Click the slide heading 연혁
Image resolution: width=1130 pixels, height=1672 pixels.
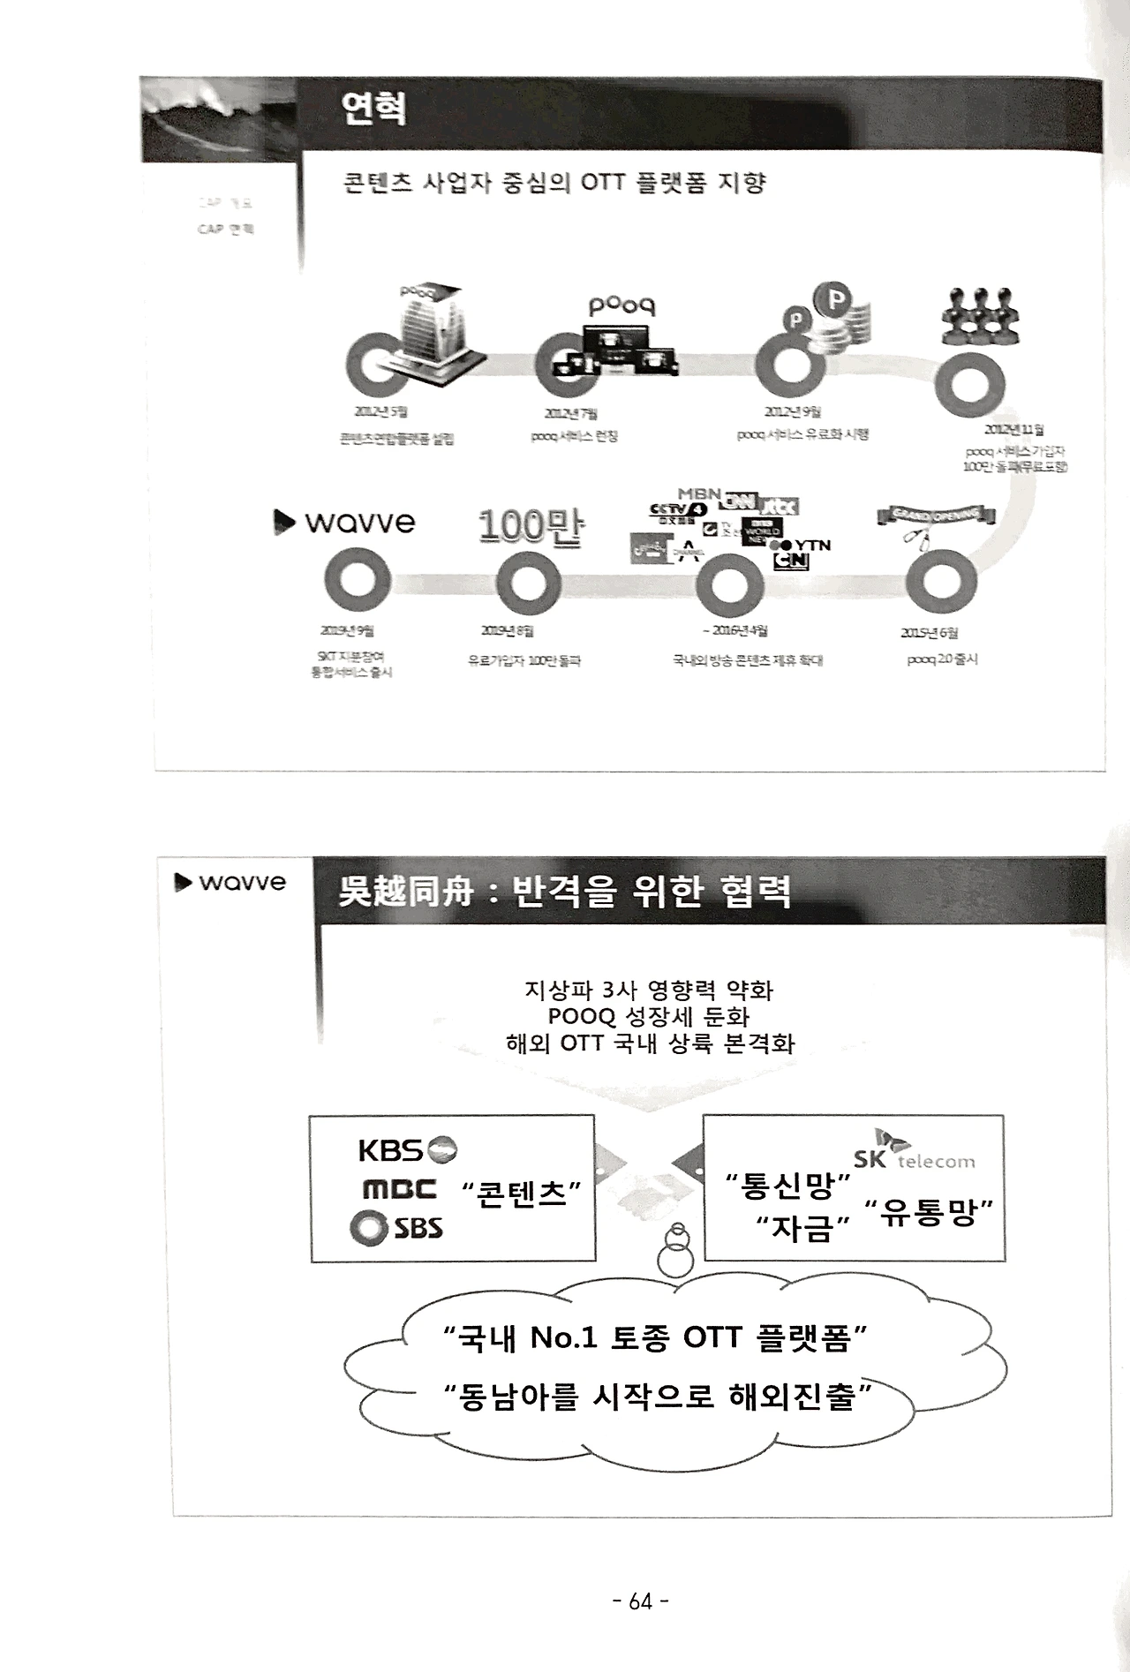[x=373, y=109]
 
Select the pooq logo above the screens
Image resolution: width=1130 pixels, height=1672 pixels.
[x=621, y=306]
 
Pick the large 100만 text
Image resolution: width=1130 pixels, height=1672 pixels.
[x=530, y=526]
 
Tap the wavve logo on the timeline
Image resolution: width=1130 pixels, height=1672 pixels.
[x=345, y=522]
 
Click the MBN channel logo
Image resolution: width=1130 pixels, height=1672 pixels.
[x=699, y=493]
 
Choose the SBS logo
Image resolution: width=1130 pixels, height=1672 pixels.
[x=396, y=1227]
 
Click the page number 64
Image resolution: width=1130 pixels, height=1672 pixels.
[x=640, y=1600]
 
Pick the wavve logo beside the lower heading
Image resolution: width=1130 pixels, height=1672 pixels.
[x=231, y=882]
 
